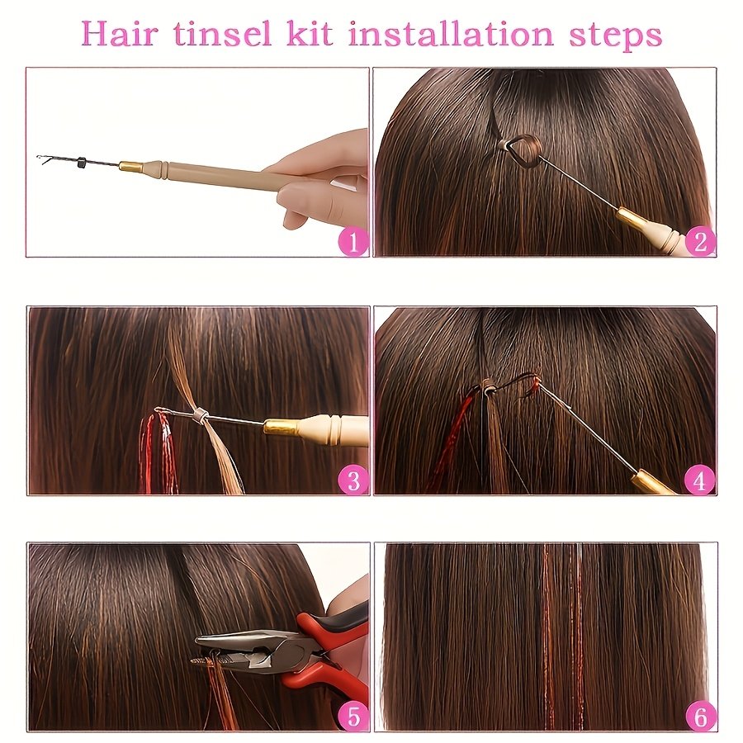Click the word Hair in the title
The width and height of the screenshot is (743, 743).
pyautogui.click(x=125, y=35)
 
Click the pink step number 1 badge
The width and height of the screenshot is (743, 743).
pyautogui.click(x=353, y=242)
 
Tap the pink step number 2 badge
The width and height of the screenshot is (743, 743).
pyautogui.click(x=700, y=242)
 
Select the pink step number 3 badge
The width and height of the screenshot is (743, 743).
pyautogui.click(x=353, y=480)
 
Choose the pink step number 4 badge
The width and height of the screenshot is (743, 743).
pyautogui.click(x=700, y=480)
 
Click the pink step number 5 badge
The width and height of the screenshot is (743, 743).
pyautogui.click(x=353, y=717)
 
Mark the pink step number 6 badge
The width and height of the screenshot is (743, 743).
pyautogui.click(x=700, y=717)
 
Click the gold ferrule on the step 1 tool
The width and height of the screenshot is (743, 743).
pyautogui.click(x=130, y=167)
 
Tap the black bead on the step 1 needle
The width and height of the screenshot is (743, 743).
pyautogui.click(x=81, y=162)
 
